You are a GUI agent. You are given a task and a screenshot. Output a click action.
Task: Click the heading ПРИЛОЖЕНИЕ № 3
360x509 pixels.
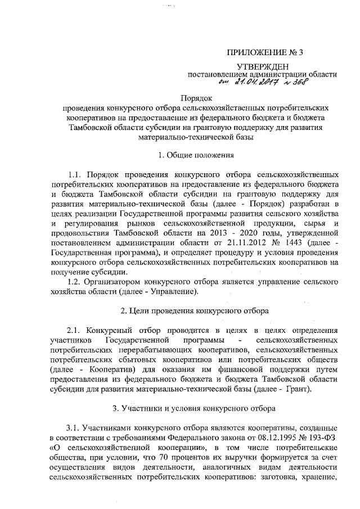[264, 54]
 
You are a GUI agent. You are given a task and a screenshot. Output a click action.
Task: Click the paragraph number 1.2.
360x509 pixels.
[74, 280]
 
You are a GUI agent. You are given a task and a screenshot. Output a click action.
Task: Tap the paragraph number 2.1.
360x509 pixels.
[74, 329]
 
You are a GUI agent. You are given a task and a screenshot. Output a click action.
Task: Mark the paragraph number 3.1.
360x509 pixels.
[74, 428]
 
